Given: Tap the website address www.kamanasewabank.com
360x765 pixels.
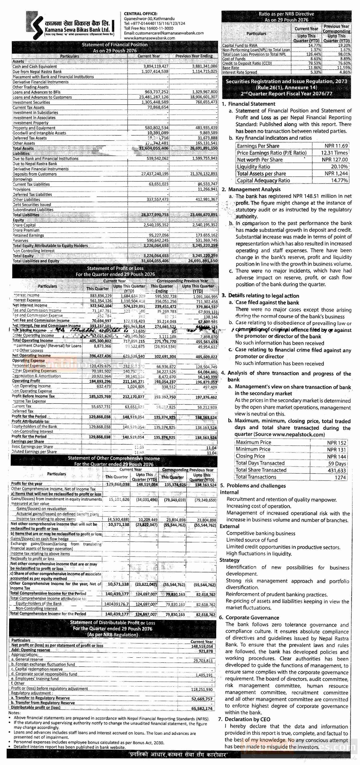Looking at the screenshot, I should click(x=150, y=38).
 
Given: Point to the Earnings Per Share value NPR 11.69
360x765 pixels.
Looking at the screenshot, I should click(x=336, y=146).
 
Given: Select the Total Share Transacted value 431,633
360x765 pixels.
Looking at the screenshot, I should click(x=336, y=470).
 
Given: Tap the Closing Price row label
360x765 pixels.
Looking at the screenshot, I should click(x=250, y=456).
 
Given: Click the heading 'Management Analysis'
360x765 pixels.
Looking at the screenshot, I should click(x=254, y=189).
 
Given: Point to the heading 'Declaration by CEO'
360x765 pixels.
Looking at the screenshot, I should click(x=247, y=719).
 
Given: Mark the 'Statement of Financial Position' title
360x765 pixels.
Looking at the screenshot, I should click(x=115, y=45).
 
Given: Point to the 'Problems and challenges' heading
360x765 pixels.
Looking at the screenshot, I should click(x=256, y=486).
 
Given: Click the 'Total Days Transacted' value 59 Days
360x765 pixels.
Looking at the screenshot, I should click(x=337, y=463).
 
